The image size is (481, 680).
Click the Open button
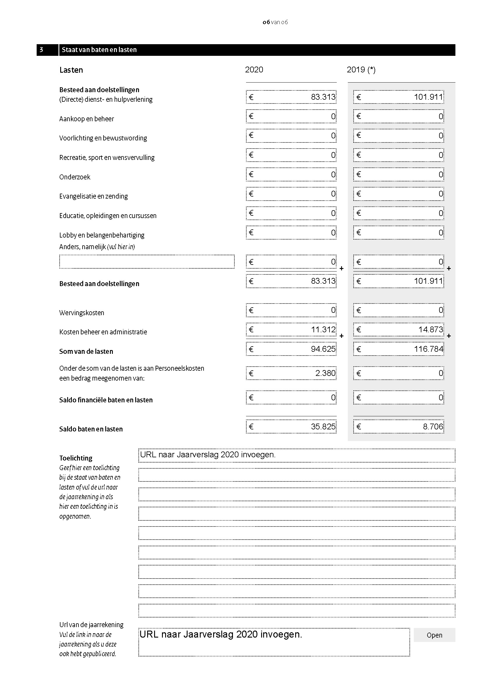pos(434,635)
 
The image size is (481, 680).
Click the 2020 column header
pos(254,69)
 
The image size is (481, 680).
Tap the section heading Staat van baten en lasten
pos(99,50)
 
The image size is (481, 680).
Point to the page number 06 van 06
pos(275,22)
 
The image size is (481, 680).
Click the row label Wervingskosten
pos(82,313)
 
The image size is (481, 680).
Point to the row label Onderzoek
pos(75,177)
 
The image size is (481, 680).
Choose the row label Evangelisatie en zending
pos(94,196)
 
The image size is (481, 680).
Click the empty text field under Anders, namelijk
pos(147,262)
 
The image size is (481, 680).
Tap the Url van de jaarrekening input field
pos(274,642)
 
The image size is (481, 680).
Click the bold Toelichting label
pos(76,458)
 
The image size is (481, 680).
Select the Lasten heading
pos(71,70)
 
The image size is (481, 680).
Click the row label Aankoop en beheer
pos(86,119)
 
